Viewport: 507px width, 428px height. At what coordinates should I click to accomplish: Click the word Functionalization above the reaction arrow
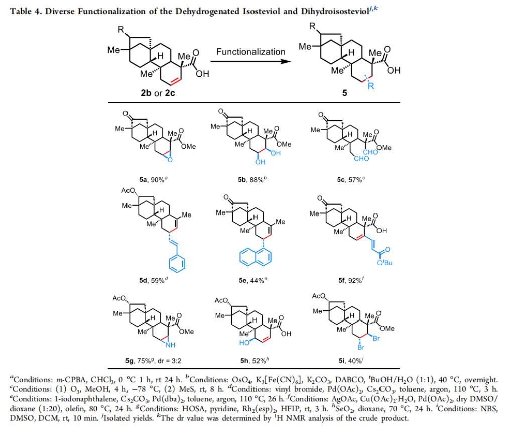[x=250, y=52]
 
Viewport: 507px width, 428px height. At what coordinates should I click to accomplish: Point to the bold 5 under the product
[x=351, y=93]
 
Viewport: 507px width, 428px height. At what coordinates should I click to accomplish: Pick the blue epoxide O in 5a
[x=172, y=161]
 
